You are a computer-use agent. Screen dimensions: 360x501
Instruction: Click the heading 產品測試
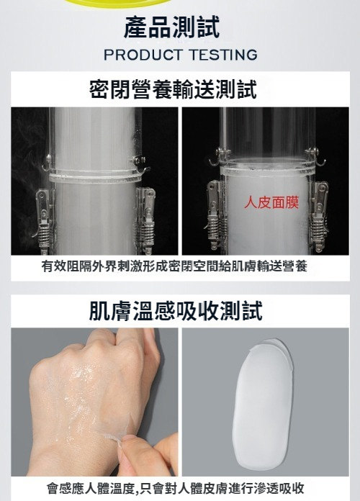[x=171, y=28]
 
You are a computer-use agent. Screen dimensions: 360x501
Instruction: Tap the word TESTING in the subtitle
[x=223, y=55]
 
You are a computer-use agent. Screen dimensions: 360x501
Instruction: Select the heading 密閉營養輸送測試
[x=173, y=89]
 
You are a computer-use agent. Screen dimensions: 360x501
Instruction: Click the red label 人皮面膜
[x=271, y=202]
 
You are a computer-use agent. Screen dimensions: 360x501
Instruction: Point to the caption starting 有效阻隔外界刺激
[x=174, y=266]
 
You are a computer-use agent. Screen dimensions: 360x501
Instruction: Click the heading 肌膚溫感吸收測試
[x=176, y=310]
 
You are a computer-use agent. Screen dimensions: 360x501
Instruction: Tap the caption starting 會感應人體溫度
[x=176, y=488]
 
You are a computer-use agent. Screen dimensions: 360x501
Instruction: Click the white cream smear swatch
[x=264, y=402]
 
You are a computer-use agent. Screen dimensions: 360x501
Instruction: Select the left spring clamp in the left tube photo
[x=44, y=218]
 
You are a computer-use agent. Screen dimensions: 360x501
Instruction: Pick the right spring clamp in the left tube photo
[x=145, y=220]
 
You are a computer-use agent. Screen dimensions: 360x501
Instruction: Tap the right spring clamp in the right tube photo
[x=318, y=217]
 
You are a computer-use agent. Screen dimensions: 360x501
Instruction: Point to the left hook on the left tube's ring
[x=46, y=163]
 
